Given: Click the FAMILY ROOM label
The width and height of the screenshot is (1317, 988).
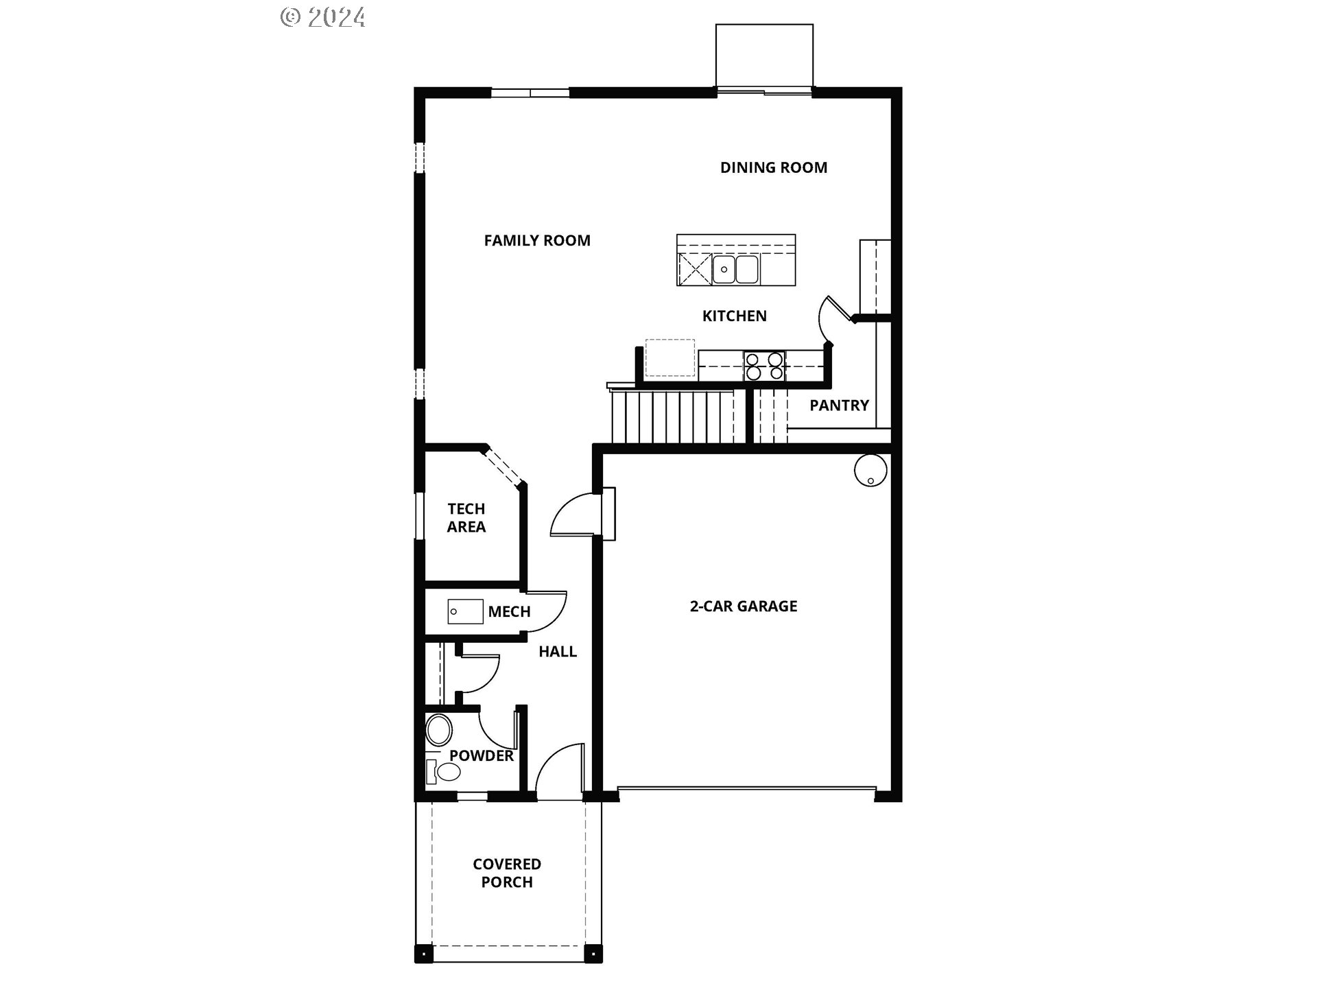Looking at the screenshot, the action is [x=537, y=241].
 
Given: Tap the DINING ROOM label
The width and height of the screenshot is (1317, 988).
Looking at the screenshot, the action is [x=774, y=168].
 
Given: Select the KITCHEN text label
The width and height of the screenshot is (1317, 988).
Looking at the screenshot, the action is [x=735, y=316].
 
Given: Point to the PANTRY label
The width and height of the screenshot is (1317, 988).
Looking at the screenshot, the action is [x=839, y=405].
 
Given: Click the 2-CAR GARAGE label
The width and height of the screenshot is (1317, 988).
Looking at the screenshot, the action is [x=744, y=607].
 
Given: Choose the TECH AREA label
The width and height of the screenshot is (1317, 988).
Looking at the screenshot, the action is [x=466, y=518].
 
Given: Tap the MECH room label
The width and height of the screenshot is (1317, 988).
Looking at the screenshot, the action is [x=509, y=612].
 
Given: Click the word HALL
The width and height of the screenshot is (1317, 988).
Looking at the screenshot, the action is [x=558, y=652].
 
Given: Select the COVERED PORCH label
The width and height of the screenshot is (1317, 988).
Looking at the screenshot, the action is [x=507, y=873].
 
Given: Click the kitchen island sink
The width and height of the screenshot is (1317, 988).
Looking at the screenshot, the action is [x=735, y=270].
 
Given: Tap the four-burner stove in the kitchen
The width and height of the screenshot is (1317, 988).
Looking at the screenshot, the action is [x=764, y=366].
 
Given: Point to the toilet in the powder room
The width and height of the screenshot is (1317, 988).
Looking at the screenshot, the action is [x=442, y=771].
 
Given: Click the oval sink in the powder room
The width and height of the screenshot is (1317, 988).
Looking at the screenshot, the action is [x=439, y=730].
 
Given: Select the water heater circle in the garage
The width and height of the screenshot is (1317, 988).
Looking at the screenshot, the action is [x=870, y=471].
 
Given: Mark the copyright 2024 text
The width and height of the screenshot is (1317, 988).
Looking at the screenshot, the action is [x=323, y=17].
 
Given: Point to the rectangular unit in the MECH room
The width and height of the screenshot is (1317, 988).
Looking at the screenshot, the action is [x=465, y=612].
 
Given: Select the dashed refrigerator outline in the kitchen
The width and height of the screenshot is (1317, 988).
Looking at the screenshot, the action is [x=670, y=358].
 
